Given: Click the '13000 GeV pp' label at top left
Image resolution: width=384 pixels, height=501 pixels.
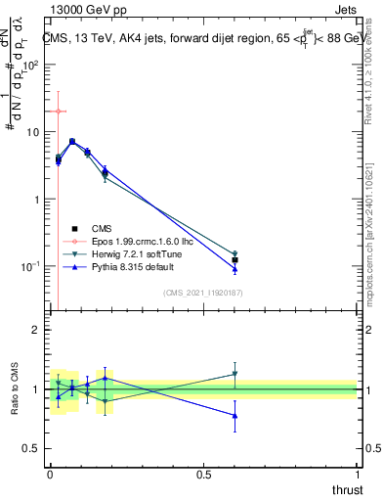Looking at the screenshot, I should click(x=85, y=10).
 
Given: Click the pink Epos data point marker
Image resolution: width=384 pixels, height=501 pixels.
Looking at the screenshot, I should click(x=58, y=112).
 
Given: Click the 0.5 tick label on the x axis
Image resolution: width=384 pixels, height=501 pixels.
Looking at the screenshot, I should click(x=203, y=474).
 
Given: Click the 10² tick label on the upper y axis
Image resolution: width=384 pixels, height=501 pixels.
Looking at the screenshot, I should click(x=30, y=65).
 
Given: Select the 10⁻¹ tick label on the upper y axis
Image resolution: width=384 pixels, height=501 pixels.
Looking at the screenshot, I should click(x=30, y=266).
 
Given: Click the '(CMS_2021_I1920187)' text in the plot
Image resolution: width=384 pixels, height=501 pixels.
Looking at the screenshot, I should click(x=202, y=292).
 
